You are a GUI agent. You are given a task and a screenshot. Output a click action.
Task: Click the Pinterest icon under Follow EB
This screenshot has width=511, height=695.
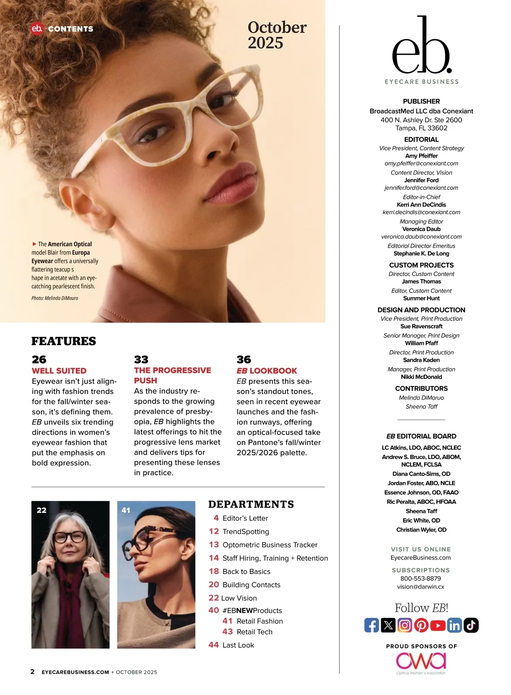coord(421,625)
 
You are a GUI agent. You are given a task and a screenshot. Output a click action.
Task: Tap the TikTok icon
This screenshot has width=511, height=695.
coord(471,625)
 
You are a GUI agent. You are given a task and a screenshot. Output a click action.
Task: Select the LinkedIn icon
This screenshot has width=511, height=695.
coord(454,625)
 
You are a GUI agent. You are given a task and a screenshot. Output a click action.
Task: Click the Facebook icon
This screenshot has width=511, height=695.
coord(372,625)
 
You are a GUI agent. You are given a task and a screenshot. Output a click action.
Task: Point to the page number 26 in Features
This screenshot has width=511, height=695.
coord(39,359)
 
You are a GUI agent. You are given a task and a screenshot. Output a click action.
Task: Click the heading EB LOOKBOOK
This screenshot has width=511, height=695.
coord(267,371)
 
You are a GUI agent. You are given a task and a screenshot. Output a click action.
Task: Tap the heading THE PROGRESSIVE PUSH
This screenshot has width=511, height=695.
coord(172,375)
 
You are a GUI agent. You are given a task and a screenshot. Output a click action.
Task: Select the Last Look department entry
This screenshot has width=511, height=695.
coord(238,645)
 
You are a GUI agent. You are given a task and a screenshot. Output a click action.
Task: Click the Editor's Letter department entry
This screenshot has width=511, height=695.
coord(245,518)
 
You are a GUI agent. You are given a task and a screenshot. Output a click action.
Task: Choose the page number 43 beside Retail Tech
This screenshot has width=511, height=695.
coord(228,632)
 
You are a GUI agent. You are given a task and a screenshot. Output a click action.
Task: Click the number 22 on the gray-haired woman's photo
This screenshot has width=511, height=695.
coord(42,510)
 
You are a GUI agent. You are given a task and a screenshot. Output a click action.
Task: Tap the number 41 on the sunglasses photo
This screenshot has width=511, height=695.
coord(126,510)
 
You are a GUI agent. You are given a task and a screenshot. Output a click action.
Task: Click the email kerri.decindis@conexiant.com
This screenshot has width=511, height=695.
coord(421,212)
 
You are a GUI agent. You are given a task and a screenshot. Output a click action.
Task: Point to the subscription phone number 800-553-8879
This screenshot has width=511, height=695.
coord(421,579)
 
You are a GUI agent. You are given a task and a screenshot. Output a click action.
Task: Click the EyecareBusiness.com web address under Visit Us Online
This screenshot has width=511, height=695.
coord(421,558)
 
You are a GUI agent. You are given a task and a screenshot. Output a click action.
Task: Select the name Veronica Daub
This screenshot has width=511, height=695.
coord(421,229)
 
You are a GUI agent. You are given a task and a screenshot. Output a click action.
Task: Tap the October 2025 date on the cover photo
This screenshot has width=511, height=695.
coord(277,35)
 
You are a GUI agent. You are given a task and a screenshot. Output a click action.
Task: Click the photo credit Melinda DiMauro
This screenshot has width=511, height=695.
coord(55,298)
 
